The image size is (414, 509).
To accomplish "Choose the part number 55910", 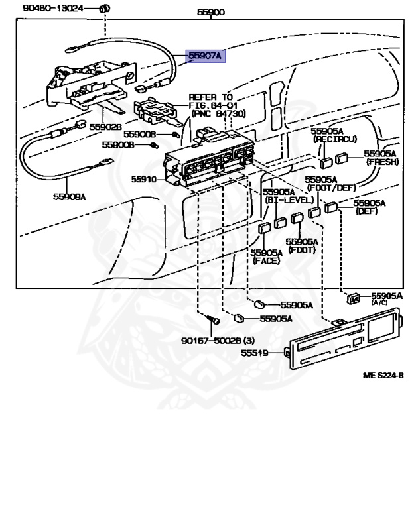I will coord(143,180).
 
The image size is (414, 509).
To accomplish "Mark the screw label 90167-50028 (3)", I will coord(218,341).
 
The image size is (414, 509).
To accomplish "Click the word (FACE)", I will coord(266,260).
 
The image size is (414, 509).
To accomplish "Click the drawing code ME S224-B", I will coord(383,375).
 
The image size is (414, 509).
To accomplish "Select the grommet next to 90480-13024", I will coord(104,9).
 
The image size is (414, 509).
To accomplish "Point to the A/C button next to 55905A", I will coord(352,300).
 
